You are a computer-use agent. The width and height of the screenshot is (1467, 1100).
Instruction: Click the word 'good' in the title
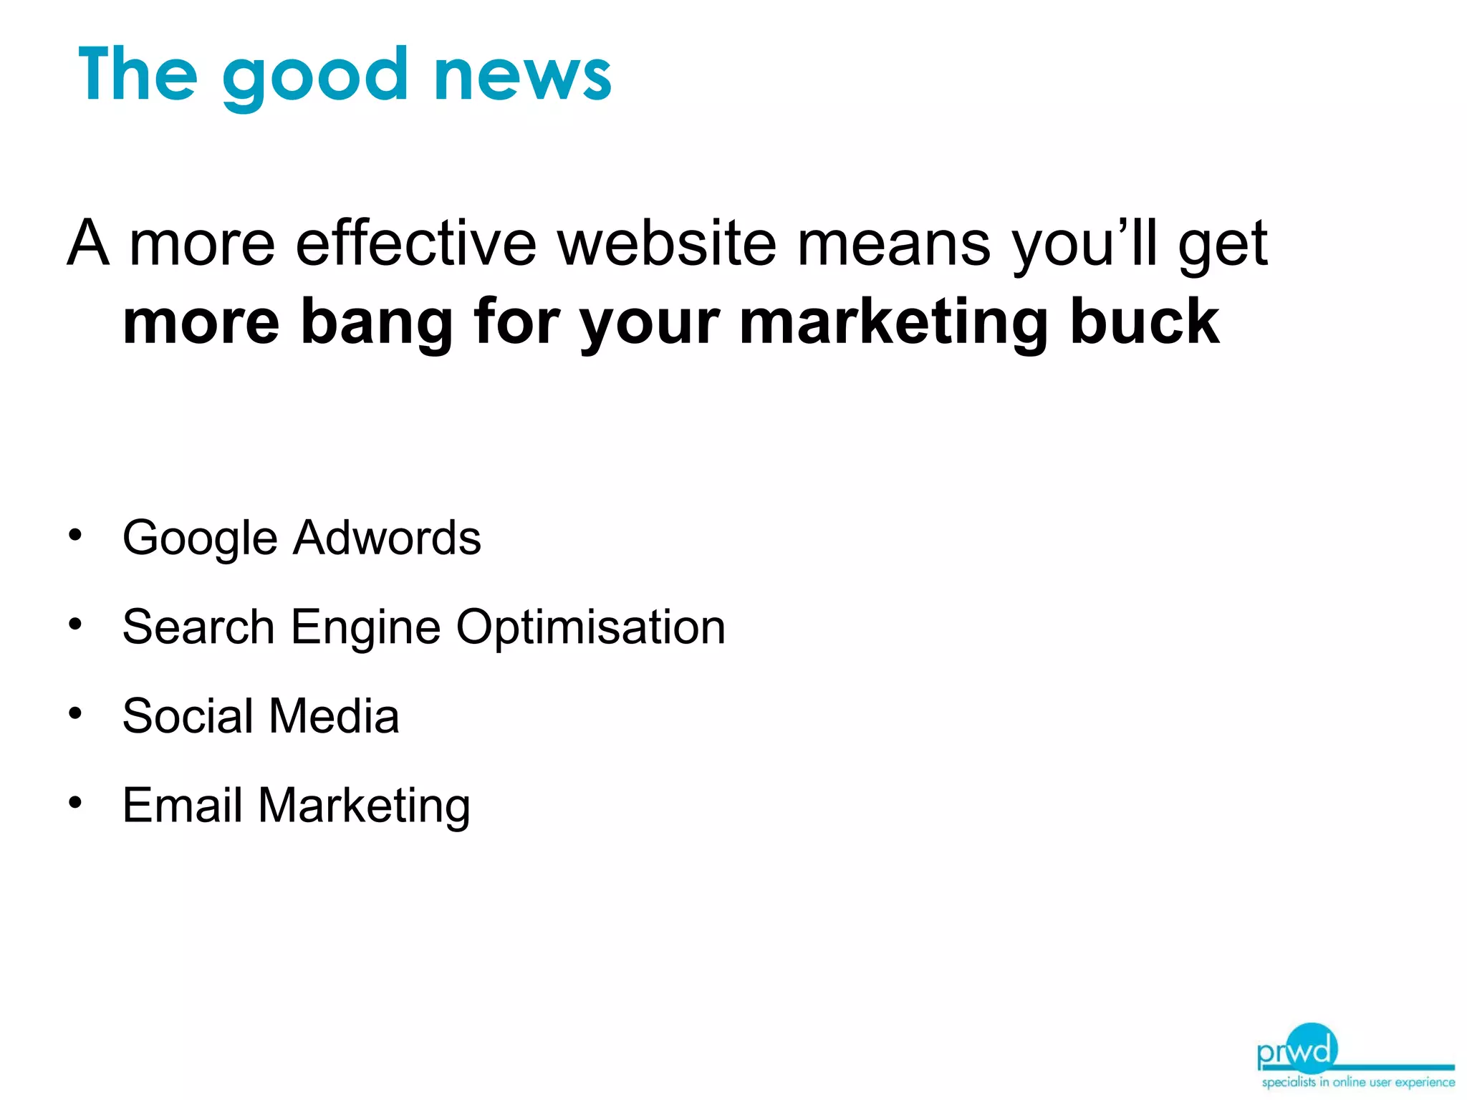(x=315, y=77)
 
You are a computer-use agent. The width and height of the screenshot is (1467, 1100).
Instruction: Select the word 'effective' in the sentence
(x=415, y=243)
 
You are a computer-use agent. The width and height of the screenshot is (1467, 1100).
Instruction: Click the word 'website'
(x=667, y=243)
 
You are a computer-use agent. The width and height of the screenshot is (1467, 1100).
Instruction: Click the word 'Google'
(x=200, y=539)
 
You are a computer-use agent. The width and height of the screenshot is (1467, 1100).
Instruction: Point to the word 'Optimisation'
(x=591, y=628)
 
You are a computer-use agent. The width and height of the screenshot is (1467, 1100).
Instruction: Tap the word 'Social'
(x=188, y=715)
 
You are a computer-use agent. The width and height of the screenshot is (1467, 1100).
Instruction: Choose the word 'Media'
(x=334, y=715)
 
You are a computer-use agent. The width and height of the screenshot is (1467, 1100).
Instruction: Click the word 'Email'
(x=183, y=805)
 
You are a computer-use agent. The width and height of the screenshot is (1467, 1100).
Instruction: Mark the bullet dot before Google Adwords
(x=75, y=535)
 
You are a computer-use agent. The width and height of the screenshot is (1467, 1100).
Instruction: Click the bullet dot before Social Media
(x=75, y=713)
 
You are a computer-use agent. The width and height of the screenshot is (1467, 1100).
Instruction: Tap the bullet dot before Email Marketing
(x=75, y=803)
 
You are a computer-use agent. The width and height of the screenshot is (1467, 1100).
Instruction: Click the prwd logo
(x=1297, y=1050)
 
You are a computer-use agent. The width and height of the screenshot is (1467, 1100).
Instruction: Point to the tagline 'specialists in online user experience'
(x=1357, y=1082)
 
